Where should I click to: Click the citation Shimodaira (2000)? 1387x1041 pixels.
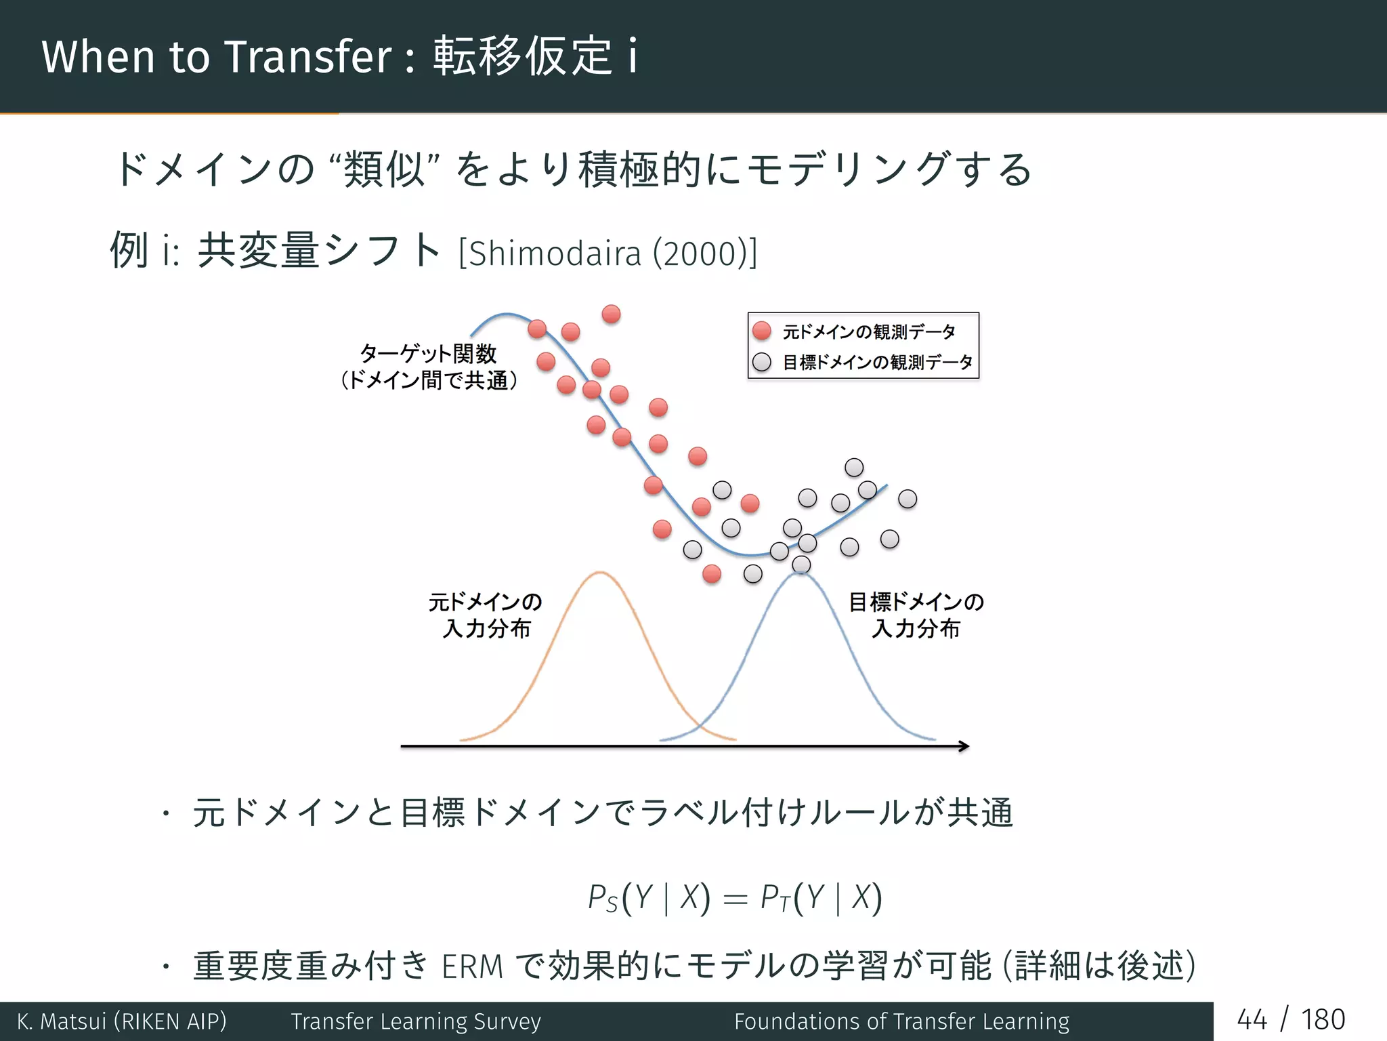[607, 254]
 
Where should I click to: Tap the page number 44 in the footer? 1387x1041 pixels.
[1252, 1020]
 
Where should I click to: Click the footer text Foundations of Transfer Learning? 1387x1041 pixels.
[901, 1021]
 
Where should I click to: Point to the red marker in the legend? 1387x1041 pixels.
[762, 331]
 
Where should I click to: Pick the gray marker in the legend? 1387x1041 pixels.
[762, 362]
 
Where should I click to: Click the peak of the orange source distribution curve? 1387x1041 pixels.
[600, 573]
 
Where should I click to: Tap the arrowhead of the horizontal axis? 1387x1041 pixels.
[964, 746]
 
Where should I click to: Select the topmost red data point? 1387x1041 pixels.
[611, 314]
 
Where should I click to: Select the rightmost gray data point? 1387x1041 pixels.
[908, 499]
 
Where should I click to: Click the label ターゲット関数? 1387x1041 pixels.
[428, 353]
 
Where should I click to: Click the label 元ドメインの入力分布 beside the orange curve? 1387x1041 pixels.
[486, 615]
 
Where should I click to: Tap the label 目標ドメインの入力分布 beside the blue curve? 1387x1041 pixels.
[916, 615]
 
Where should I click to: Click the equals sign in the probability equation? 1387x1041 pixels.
[735, 900]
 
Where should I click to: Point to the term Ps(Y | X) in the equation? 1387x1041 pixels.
[648, 898]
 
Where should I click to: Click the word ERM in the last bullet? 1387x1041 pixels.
[472, 966]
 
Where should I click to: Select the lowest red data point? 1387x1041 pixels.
[712, 574]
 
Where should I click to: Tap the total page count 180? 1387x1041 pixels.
[1323, 1020]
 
